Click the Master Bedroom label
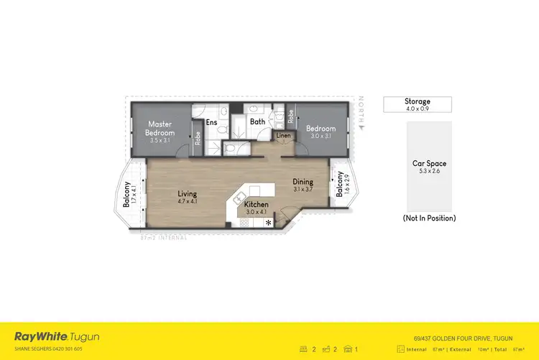(160, 129)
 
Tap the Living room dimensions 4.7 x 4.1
(188, 203)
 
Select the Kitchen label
(257, 205)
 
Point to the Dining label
(303, 183)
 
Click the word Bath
(257, 122)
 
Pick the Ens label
(211, 122)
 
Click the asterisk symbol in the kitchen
(269, 223)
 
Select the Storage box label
(418, 102)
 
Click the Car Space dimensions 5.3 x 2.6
(429, 171)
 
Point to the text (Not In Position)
(430, 218)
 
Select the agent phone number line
(48, 349)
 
